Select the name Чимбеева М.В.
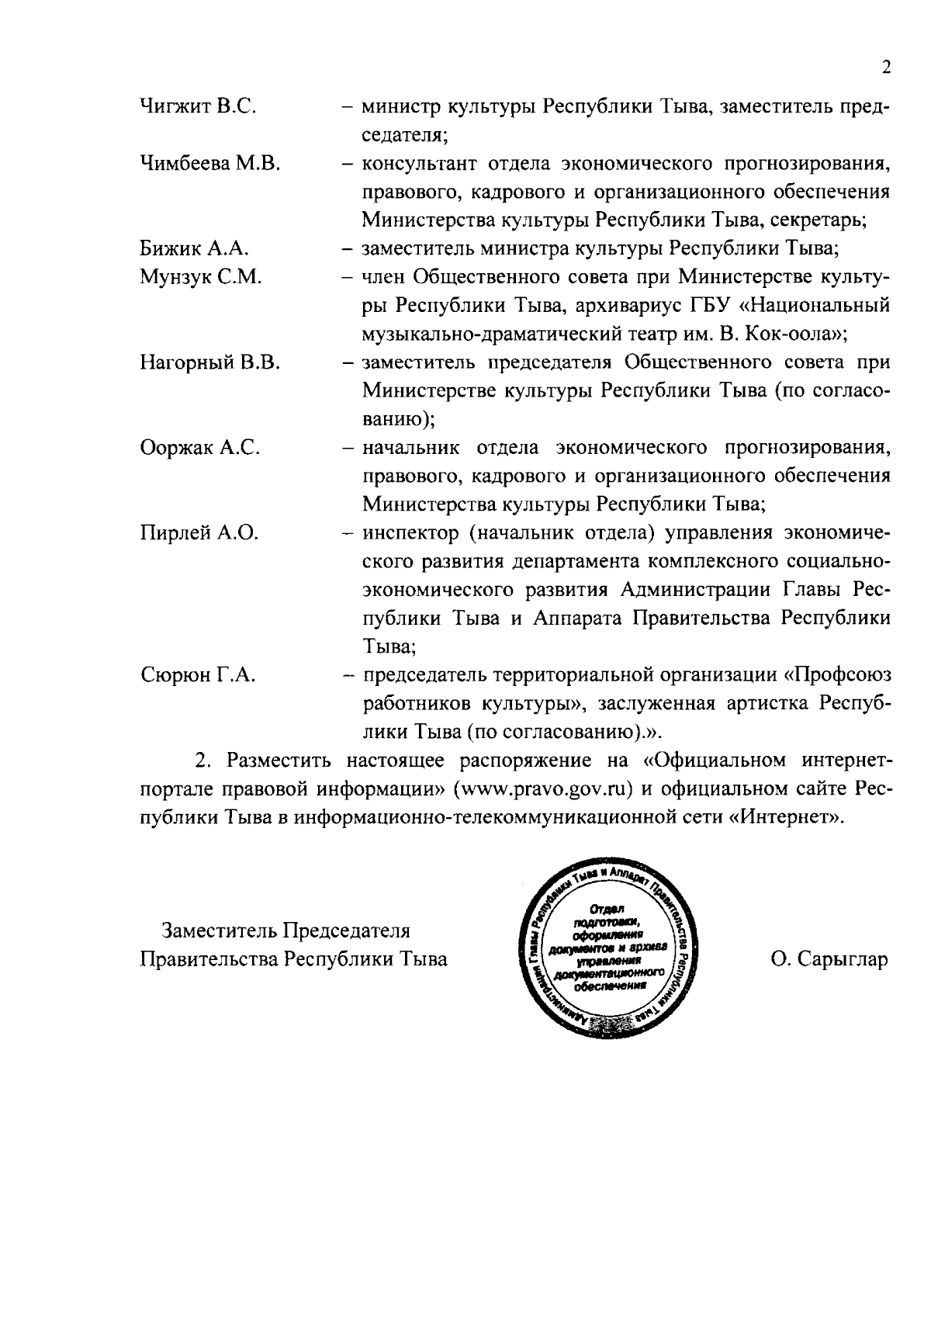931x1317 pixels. tap(209, 163)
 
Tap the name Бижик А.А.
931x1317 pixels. tap(194, 248)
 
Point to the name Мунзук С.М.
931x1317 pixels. tap(200, 277)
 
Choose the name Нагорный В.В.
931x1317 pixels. tap(209, 362)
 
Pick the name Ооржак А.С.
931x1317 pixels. tap(199, 448)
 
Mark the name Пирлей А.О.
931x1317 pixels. tap(199, 533)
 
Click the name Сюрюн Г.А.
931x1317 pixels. tap(198, 675)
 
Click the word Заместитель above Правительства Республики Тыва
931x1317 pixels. tap(220, 931)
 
